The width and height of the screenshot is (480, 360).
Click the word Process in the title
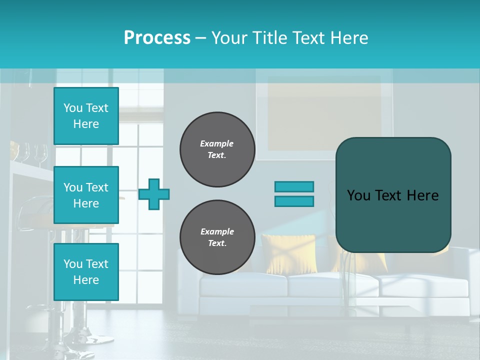[157, 38]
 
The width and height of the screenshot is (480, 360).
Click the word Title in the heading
[270, 38]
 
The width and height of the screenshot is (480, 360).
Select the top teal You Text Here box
[86, 116]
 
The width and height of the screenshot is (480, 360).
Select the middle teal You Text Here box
[86, 195]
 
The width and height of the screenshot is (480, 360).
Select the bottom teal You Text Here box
[86, 271]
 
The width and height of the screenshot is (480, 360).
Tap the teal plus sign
[154, 194]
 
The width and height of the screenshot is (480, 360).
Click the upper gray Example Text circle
[217, 149]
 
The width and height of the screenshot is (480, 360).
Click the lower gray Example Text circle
[217, 237]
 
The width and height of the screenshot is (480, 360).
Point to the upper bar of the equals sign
[294, 186]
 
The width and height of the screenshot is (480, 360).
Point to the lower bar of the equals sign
[294, 201]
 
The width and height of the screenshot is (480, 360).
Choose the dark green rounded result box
[393, 195]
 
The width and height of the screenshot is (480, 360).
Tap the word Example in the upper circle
[217, 143]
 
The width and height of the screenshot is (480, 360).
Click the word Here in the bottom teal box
[86, 280]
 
